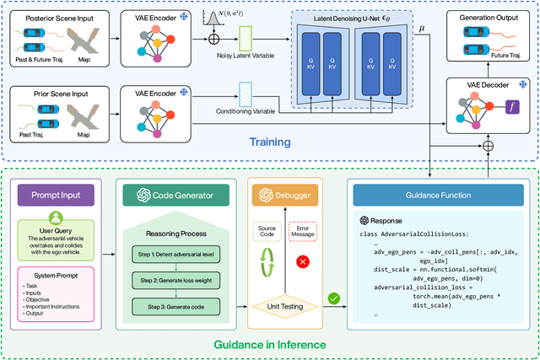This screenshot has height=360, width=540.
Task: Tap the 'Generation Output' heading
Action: (489, 17)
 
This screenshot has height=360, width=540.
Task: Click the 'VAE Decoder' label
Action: (489, 86)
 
